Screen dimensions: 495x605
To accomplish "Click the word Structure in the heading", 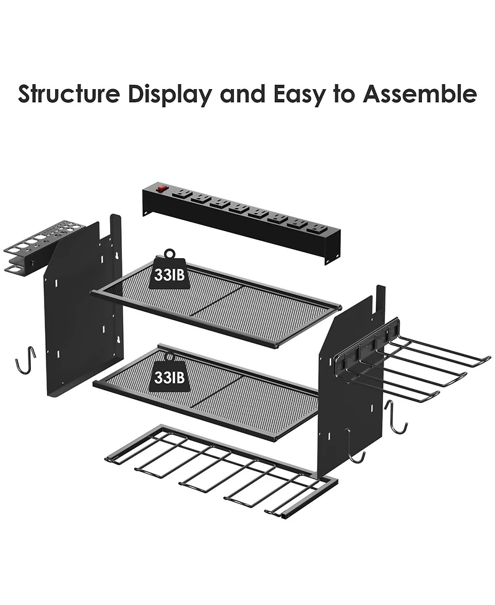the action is (69, 94).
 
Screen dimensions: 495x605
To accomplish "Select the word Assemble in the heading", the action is (420, 94).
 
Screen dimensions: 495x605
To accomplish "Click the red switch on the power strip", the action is (161, 189).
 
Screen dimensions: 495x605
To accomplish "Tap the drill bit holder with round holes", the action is (32, 247).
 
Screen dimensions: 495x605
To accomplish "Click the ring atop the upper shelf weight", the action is (170, 253).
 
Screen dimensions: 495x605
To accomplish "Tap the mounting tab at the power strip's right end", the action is (330, 260).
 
